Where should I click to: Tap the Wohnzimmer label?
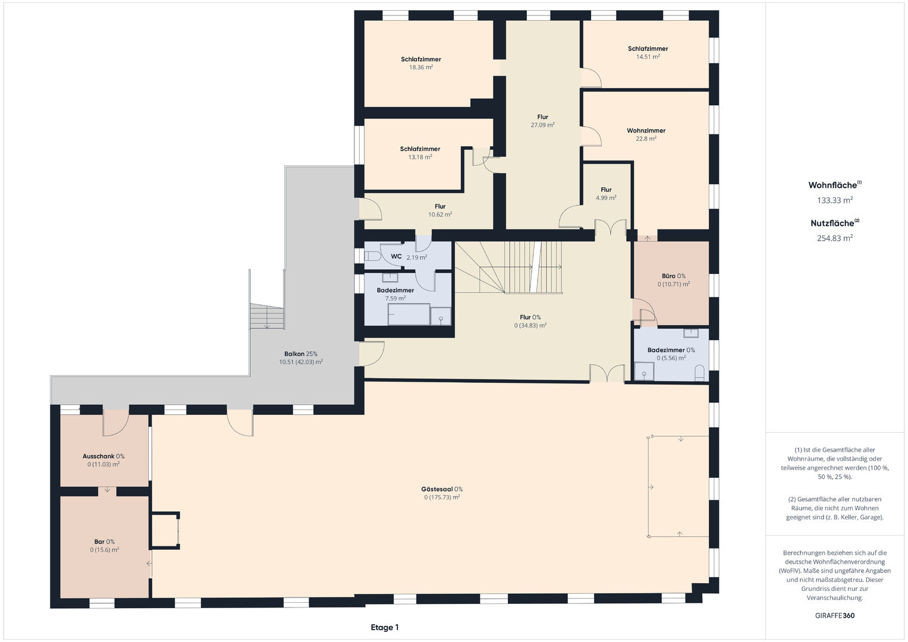point(646,131)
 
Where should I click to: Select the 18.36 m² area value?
point(421,67)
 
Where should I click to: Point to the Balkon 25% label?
point(301,354)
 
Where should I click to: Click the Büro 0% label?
point(674,276)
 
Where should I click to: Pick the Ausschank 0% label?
point(103,457)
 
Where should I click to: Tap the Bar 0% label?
point(105,542)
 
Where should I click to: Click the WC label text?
point(396,256)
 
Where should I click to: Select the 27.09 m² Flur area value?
point(543,125)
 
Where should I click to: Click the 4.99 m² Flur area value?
point(606,198)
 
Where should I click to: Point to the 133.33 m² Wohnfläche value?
point(835,200)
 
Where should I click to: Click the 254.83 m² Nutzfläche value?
point(835,238)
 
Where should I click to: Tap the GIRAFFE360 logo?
point(835,616)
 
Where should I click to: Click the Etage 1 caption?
point(385,627)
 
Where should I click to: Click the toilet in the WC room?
point(372,256)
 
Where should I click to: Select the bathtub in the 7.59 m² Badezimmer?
point(409,314)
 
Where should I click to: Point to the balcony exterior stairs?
point(267,316)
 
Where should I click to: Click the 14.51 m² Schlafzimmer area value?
point(648,56)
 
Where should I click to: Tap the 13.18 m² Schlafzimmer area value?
point(420,157)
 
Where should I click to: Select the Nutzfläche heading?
point(835,223)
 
